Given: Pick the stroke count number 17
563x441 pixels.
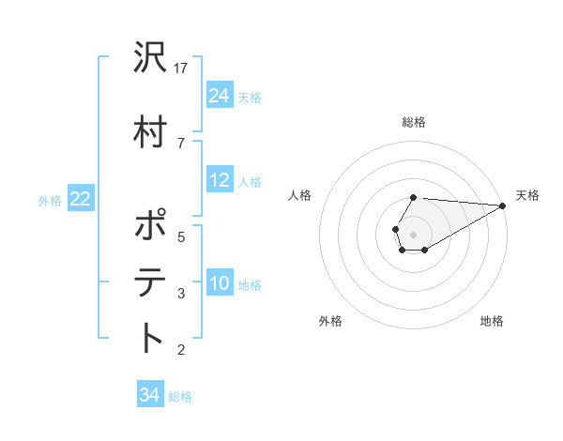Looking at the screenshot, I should (x=182, y=68).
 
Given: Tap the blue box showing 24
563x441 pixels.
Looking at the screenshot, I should (x=220, y=95).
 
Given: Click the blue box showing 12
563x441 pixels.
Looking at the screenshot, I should (x=220, y=180).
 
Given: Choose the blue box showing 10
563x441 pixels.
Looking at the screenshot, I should (x=220, y=284).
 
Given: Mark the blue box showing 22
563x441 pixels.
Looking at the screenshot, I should (x=81, y=199).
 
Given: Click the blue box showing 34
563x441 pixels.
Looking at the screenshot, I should (x=149, y=395).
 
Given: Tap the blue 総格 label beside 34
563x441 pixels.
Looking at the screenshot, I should (x=180, y=397).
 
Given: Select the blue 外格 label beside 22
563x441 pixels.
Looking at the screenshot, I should (x=50, y=200).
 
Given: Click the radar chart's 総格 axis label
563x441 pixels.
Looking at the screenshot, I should (x=413, y=122).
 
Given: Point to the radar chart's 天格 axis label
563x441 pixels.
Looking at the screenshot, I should (x=527, y=195).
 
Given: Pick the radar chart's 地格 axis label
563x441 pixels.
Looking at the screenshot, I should (x=492, y=321).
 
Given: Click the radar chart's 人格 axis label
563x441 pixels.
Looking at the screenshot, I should (x=300, y=195).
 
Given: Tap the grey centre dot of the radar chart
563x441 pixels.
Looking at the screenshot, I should (x=413, y=233).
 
